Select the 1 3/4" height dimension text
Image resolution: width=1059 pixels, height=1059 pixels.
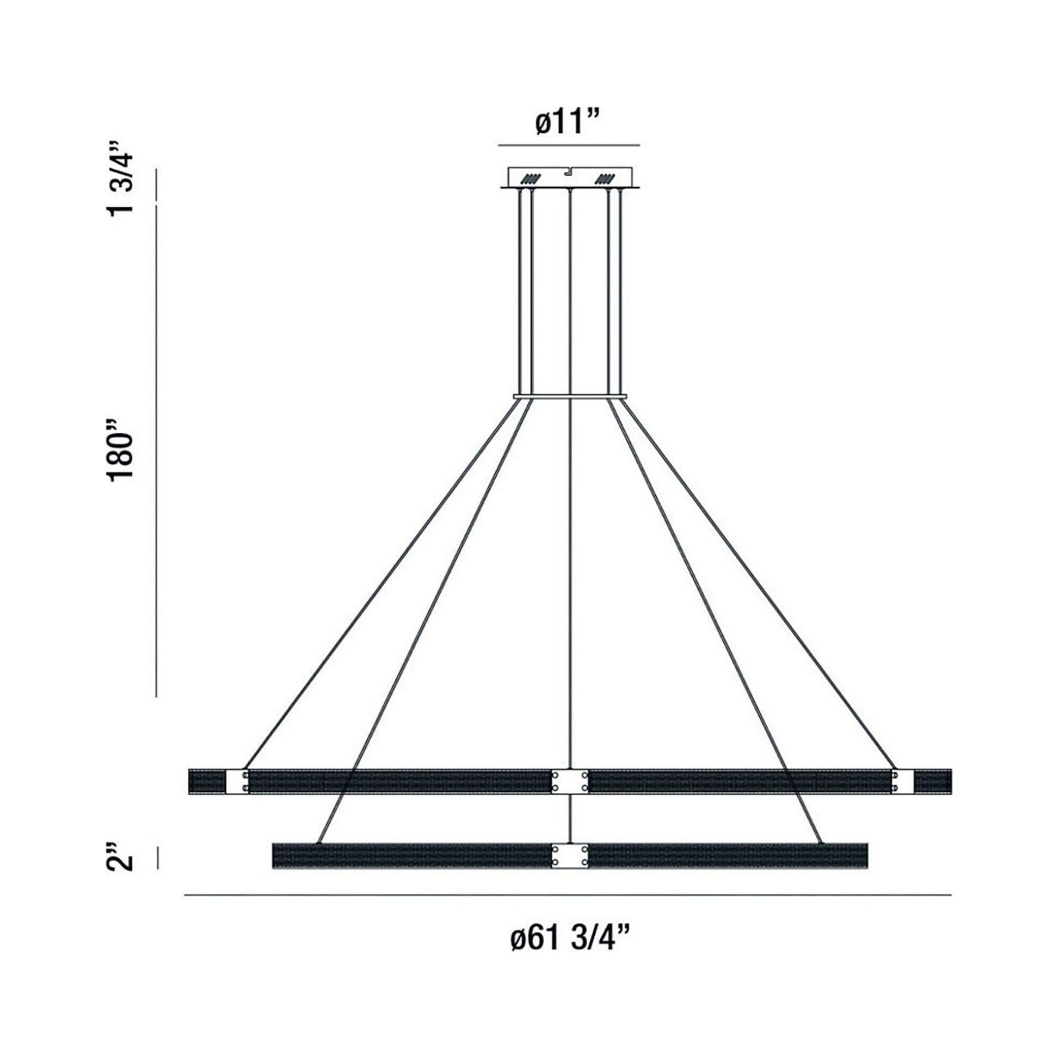tap(121, 178)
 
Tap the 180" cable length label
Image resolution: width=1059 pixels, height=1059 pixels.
tap(121, 451)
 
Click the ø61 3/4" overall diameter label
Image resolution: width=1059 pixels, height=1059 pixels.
tap(569, 940)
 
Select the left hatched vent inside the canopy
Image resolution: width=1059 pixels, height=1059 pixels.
tap(531, 178)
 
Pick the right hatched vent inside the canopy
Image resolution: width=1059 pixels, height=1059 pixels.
tap(606, 178)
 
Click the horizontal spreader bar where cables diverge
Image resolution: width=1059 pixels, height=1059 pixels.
tap(570, 395)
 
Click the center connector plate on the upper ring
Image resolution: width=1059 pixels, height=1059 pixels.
tap(570, 781)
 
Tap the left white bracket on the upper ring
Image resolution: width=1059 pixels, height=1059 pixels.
tap(237, 781)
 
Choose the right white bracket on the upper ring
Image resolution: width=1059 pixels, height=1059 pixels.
tap(902, 781)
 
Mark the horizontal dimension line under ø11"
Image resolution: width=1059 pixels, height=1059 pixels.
tap(569, 145)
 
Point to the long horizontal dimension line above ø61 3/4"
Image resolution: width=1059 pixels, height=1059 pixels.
tap(567, 896)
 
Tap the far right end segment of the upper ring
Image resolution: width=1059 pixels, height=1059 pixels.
tap(933, 781)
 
